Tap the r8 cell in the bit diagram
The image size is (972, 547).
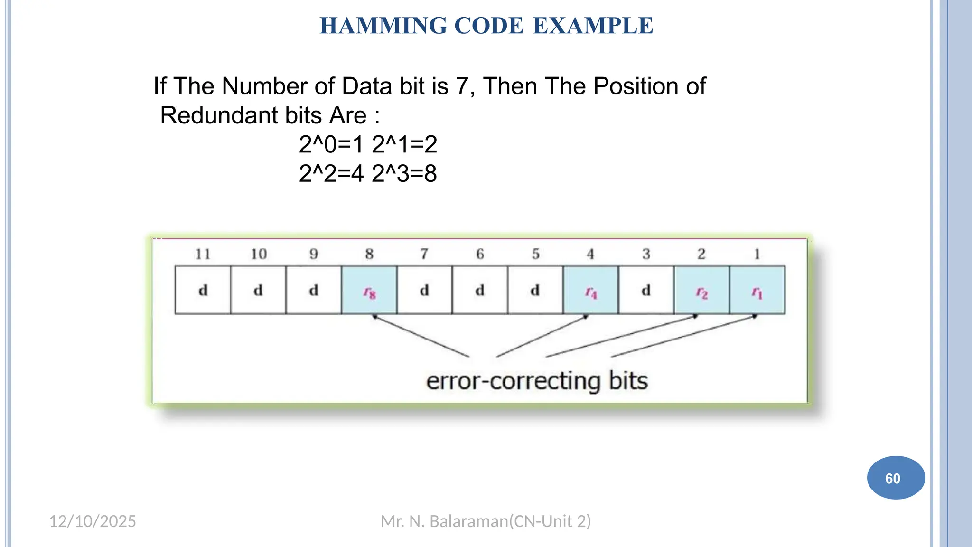[369, 291]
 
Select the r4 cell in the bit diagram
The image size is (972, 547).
[590, 291]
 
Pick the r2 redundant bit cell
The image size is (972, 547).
[701, 291]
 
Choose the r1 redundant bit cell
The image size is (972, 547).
[757, 291]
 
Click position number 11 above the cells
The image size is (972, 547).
[203, 254]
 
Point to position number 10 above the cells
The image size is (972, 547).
[259, 254]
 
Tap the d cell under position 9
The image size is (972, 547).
[314, 291]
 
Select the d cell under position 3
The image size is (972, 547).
[646, 291]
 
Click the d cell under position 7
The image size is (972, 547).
[424, 291]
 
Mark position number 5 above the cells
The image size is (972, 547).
[535, 254]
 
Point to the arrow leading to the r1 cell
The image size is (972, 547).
[683, 336]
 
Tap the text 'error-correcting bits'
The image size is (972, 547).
[537, 381]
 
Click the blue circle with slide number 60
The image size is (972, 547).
[896, 478]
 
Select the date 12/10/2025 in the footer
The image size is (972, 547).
[93, 521]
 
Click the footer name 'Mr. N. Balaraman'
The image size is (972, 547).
[444, 521]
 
